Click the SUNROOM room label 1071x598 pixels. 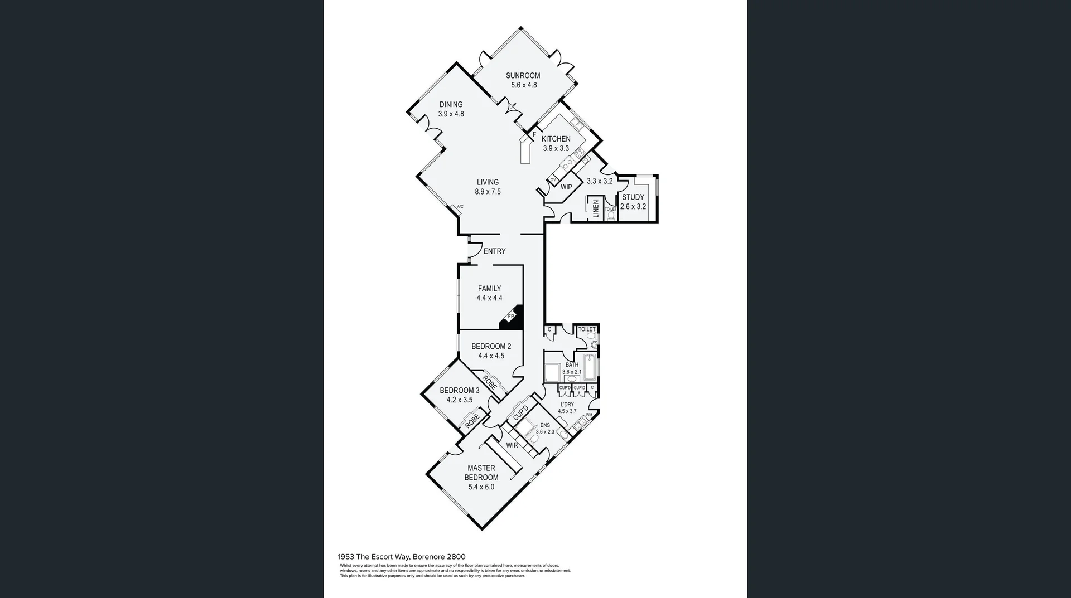click(523, 76)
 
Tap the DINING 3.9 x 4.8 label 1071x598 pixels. click(451, 109)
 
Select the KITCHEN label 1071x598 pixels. click(556, 139)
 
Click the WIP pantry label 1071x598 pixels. click(566, 187)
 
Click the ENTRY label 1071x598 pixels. click(494, 251)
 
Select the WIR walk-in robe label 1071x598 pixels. click(512, 445)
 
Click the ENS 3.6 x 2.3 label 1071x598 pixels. click(544, 428)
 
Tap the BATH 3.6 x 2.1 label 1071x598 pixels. click(571, 368)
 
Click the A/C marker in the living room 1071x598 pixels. click(460, 207)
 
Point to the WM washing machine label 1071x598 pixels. click(588, 415)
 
